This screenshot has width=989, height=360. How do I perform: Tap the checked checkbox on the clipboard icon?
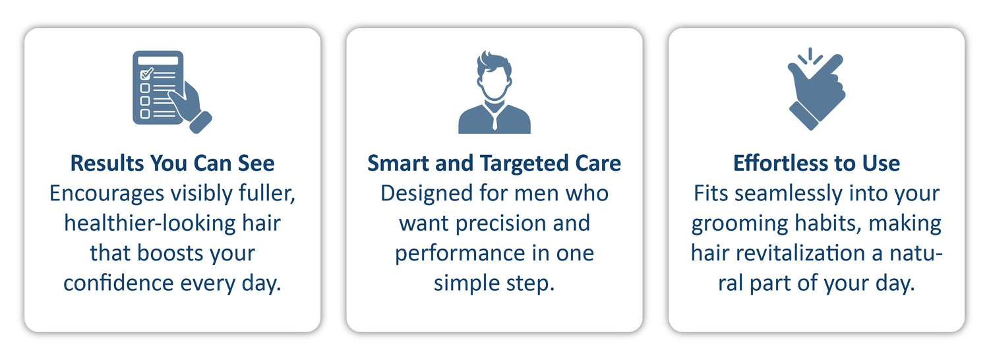[x=146, y=74]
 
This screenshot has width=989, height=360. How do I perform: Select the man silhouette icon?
[x=494, y=92]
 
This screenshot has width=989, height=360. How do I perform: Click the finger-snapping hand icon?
[x=816, y=89]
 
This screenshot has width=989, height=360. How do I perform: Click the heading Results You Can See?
[x=172, y=163]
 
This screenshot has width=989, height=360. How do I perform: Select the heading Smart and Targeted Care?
[x=494, y=164]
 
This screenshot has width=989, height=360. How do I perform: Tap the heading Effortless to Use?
[x=816, y=163]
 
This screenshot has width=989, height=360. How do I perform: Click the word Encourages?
[x=107, y=194]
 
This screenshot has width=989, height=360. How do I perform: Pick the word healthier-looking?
[x=150, y=223]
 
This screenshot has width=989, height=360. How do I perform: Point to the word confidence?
[x=118, y=283]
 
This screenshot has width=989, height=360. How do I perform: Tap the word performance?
[x=460, y=254]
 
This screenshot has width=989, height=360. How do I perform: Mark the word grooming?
[x=740, y=224]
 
